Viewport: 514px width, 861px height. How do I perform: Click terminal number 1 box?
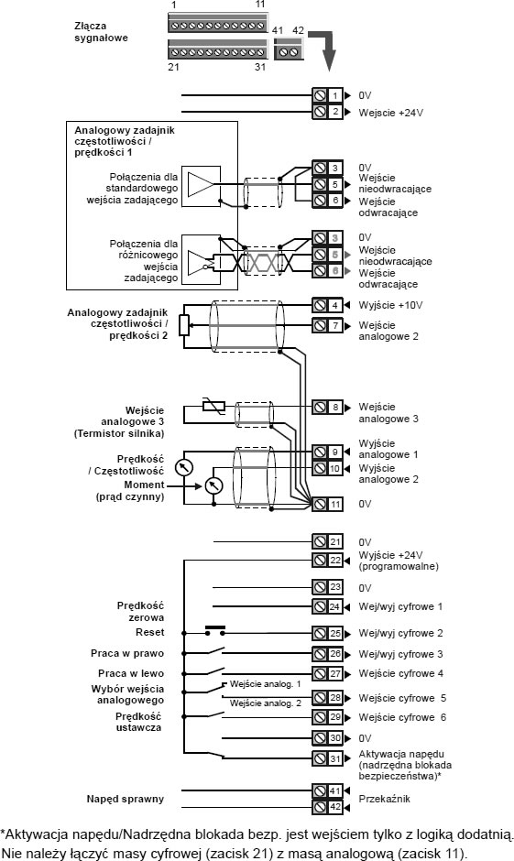point(327,95)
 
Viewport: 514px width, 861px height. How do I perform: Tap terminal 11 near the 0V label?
point(327,504)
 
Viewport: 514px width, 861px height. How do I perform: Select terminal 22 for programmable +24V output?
point(327,560)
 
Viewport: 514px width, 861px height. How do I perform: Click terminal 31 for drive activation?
point(327,758)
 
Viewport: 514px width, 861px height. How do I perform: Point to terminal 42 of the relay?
point(327,807)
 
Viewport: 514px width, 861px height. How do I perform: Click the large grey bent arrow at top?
point(325,47)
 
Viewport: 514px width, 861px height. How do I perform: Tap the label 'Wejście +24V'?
point(391,113)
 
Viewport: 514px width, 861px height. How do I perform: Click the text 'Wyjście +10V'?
point(390,305)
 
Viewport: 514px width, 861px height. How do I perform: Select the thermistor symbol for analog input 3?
point(213,407)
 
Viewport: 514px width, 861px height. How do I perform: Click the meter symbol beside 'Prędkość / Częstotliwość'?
point(184,467)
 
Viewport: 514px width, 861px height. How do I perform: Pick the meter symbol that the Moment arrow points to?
point(213,485)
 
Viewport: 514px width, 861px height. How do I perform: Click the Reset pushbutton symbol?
point(214,630)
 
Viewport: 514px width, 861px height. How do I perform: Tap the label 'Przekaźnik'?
point(384,799)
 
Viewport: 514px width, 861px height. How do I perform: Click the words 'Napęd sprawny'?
point(126,799)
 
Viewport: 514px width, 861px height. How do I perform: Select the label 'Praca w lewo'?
point(131,673)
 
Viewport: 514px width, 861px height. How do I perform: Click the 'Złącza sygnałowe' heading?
point(101,32)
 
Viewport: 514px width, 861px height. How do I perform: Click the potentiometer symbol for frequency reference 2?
point(184,325)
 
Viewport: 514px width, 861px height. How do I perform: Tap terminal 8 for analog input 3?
point(327,407)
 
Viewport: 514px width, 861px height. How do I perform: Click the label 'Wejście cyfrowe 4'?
point(401,674)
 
